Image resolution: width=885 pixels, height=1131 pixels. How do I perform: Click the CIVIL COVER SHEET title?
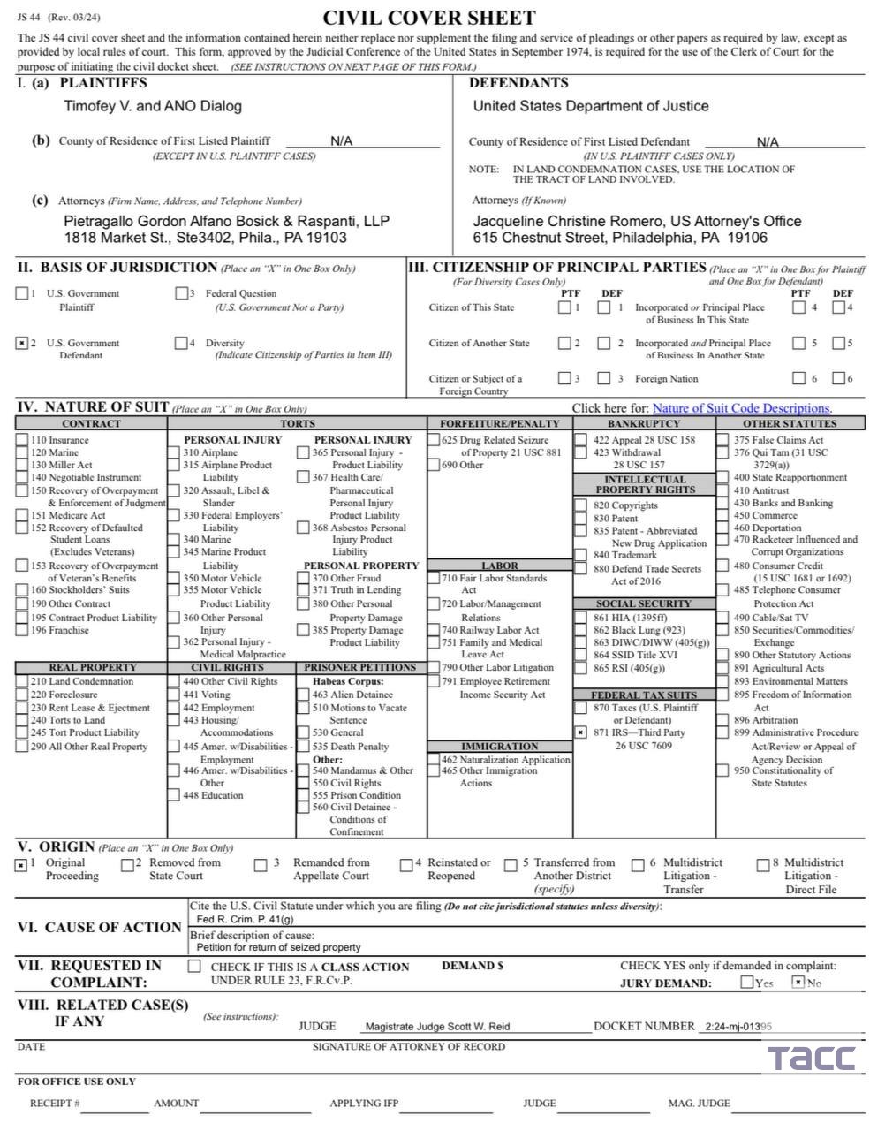tap(429, 19)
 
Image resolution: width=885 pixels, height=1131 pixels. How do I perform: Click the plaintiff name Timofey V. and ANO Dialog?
tap(152, 106)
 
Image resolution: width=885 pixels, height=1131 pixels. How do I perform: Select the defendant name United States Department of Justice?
tap(591, 106)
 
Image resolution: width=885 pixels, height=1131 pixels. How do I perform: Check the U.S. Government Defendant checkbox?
tap(22, 343)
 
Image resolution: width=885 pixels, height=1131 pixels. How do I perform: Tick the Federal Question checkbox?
tap(181, 293)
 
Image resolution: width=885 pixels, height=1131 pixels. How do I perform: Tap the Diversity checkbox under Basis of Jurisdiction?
tap(181, 343)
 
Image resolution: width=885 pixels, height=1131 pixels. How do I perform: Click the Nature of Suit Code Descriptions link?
tap(741, 408)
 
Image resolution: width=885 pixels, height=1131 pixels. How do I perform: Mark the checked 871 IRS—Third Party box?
tap(579, 732)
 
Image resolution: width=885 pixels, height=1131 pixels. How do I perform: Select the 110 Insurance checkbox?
tap(22, 439)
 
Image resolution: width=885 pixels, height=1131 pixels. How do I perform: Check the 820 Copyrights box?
tap(579, 505)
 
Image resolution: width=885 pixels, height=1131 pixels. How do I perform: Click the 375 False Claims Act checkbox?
tap(723, 439)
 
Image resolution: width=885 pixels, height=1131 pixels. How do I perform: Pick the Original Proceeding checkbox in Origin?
tap(21, 865)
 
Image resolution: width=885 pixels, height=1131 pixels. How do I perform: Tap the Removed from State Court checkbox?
tap(129, 865)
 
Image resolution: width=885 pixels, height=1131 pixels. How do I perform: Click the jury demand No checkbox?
tap(798, 983)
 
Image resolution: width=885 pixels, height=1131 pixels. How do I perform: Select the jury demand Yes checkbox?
tap(747, 983)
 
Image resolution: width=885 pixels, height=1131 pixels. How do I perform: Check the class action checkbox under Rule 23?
tap(194, 967)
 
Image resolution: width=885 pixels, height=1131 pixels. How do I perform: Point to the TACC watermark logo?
tap(810, 1057)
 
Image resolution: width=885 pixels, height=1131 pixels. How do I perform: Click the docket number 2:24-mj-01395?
tap(738, 1027)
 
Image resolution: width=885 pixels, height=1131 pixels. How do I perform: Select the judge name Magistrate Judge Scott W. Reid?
tap(437, 1027)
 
